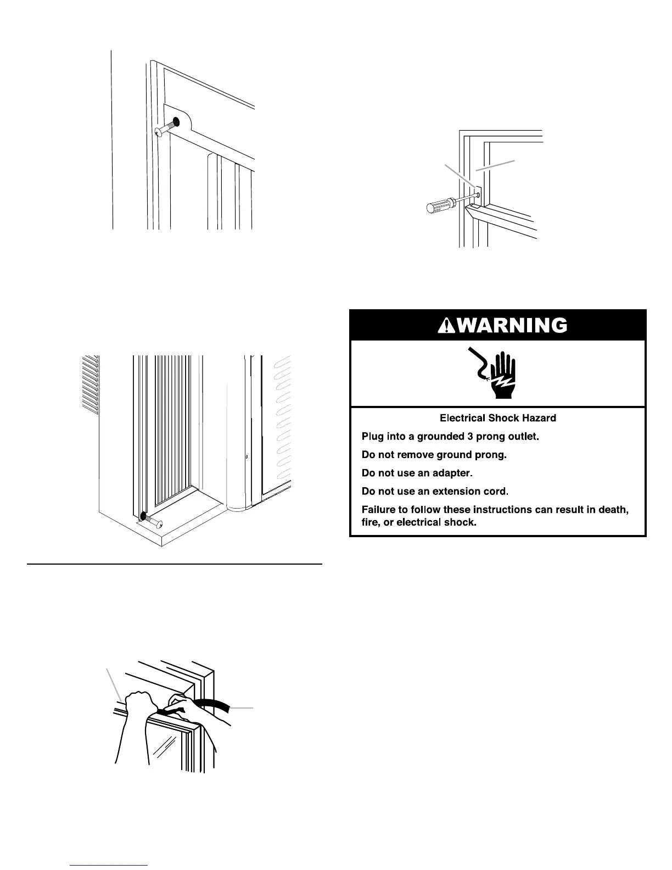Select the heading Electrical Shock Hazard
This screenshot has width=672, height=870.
(x=498, y=419)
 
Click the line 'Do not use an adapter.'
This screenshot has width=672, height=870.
(x=417, y=473)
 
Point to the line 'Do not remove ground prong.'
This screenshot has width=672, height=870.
(x=432, y=455)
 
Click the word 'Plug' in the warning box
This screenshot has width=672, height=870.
(x=372, y=437)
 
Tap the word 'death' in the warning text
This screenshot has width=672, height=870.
(x=613, y=510)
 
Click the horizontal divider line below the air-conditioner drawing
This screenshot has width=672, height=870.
(x=174, y=564)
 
